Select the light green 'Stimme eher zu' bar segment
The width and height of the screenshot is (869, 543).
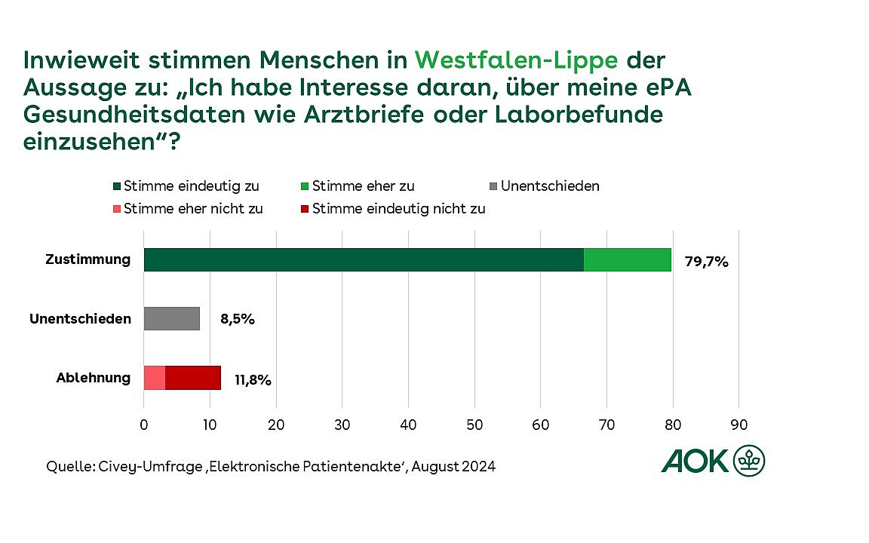point(627,259)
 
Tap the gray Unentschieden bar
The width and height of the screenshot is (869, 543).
point(172,318)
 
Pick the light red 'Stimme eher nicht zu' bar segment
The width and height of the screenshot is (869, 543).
point(155,377)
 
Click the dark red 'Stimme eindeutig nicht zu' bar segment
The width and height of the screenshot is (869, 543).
point(193,377)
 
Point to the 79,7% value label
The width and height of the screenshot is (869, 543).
point(706,262)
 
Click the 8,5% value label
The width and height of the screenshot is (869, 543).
point(236,319)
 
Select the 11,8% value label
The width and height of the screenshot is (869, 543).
point(252,379)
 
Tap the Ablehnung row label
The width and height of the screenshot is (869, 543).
point(94,377)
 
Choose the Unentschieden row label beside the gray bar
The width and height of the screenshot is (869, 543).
point(80,318)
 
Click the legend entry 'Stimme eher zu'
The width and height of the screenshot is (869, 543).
point(363,186)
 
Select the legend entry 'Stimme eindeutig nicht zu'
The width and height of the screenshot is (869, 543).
point(398,209)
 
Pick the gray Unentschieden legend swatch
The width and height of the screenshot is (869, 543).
point(494,186)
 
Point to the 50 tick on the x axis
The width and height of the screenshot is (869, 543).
point(474,425)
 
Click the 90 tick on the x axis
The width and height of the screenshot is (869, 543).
point(738,425)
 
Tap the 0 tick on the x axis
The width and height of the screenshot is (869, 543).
point(144,425)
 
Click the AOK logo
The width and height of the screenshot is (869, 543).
point(713,459)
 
